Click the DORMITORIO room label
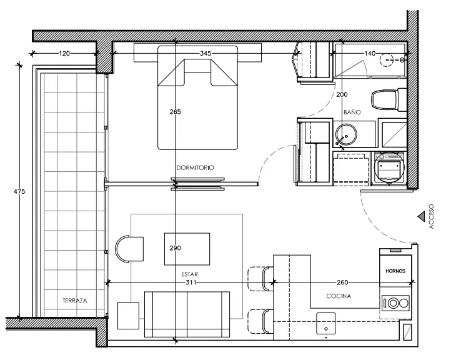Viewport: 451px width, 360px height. (x=195, y=167)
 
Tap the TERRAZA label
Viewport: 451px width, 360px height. (x=75, y=301)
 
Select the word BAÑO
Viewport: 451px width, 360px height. (x=352, y=112)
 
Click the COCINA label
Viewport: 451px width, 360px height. (x=339, y=296)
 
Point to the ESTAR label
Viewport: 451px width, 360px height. (x=189, y=274)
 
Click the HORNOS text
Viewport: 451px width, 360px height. (x=395, y=271)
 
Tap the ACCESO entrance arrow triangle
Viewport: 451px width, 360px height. (x=422, y=216)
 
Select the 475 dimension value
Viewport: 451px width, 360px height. (x=19, y=191)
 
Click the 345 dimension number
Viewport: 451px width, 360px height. (x=206, y=53)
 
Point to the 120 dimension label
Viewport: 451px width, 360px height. (x=64, y=53)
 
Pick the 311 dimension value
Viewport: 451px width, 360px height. (x=191, y=282)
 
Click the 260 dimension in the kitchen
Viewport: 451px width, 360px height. (x=342, y=282)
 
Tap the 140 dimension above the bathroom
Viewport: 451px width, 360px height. (x=370, y=53)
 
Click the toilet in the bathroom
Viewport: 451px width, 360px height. (x=389, y=99)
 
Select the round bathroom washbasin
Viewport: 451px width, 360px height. (x=346, y=134)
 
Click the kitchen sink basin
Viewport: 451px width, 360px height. (x=326, y=324)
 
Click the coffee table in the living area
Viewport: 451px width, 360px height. (x=187, y=249)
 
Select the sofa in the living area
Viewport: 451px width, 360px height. (x=187, y=314)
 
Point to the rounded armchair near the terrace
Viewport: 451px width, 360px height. (x=129, y=249)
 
